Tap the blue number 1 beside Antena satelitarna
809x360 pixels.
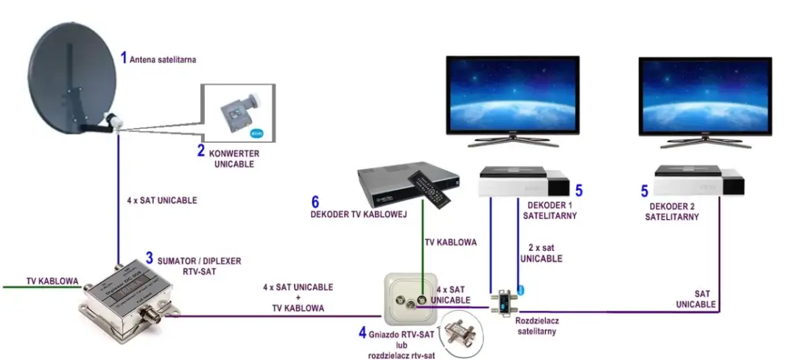click(x=123, y=57)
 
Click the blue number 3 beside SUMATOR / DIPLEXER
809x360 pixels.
click(x=150, y=258)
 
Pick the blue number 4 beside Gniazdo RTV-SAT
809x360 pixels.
click(x=363, y=332)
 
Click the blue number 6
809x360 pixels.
click(x=315, y=202)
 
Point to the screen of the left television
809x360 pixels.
click(x=513, y=94)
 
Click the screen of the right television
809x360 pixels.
click(x=705, y=94)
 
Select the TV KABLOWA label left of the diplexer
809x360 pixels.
click(x=52, y=280)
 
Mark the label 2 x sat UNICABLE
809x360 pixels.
click(x=541, y=253)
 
